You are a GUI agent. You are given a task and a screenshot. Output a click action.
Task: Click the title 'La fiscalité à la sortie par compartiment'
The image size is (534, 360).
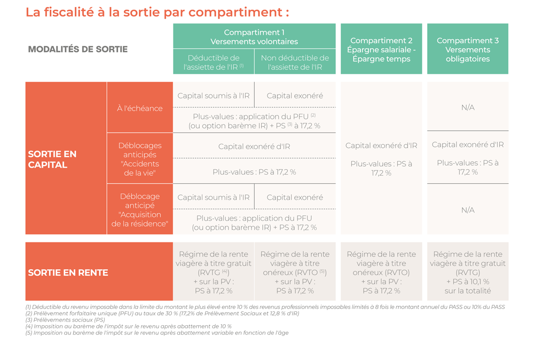[x=158, y=12]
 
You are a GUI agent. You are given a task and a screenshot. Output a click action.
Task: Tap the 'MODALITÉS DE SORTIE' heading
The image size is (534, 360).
[x=77, y=49]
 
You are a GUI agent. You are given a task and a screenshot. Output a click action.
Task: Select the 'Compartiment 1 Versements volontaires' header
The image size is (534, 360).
[x=254, y=37]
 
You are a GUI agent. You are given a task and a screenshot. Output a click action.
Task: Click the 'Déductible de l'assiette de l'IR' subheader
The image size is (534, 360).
[x=214, y=62]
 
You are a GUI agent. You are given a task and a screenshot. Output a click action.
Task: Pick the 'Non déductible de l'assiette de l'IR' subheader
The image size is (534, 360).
[x=295, y=62]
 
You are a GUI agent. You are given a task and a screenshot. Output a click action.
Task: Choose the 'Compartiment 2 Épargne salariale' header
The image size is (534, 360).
[x=381, y=49]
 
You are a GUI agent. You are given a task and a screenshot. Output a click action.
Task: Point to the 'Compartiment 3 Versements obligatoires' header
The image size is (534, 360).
[x=468, y=49]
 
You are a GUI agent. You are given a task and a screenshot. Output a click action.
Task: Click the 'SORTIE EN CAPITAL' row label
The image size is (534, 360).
[x=52, y=159]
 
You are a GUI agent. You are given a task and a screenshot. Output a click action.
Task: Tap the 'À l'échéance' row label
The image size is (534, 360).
[x=139, y=108]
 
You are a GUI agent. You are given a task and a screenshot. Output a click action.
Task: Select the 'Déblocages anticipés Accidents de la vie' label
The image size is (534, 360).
[x=139, y=159]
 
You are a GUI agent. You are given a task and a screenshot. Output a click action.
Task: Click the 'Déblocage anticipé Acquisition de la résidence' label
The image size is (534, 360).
[x=139, y=210]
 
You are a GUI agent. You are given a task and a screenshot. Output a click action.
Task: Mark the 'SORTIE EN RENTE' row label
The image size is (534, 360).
[x=68, y=272]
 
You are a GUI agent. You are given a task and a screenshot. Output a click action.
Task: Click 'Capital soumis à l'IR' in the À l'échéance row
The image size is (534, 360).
[x=214, y=96]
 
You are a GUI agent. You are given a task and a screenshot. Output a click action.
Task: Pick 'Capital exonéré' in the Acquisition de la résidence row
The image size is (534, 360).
[x=295, y=197]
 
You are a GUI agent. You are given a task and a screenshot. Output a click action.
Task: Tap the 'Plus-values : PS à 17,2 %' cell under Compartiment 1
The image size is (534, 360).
[x=254, y=172]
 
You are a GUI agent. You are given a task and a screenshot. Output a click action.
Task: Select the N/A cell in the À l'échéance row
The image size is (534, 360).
[x=468, y=107]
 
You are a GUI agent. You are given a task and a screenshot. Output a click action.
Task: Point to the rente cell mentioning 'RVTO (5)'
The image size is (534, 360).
[x=295, y=272]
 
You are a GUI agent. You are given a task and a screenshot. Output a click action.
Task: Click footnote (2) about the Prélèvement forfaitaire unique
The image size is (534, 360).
[x=162, y=314]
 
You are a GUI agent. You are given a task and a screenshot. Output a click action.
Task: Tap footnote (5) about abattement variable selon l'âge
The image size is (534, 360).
[x=157, y=333]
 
